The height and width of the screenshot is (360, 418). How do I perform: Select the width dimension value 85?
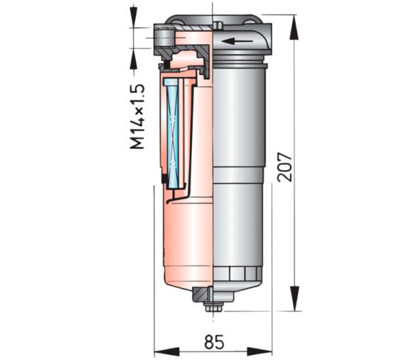[x=213, y=342]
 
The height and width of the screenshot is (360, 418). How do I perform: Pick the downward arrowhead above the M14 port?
[x=136, y=18]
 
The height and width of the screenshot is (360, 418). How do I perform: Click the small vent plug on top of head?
[x=219, y=26]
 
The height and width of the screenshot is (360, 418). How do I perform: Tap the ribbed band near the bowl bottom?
[x=242, y=271]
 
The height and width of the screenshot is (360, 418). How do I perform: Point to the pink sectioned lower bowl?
[x=185, y=242]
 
